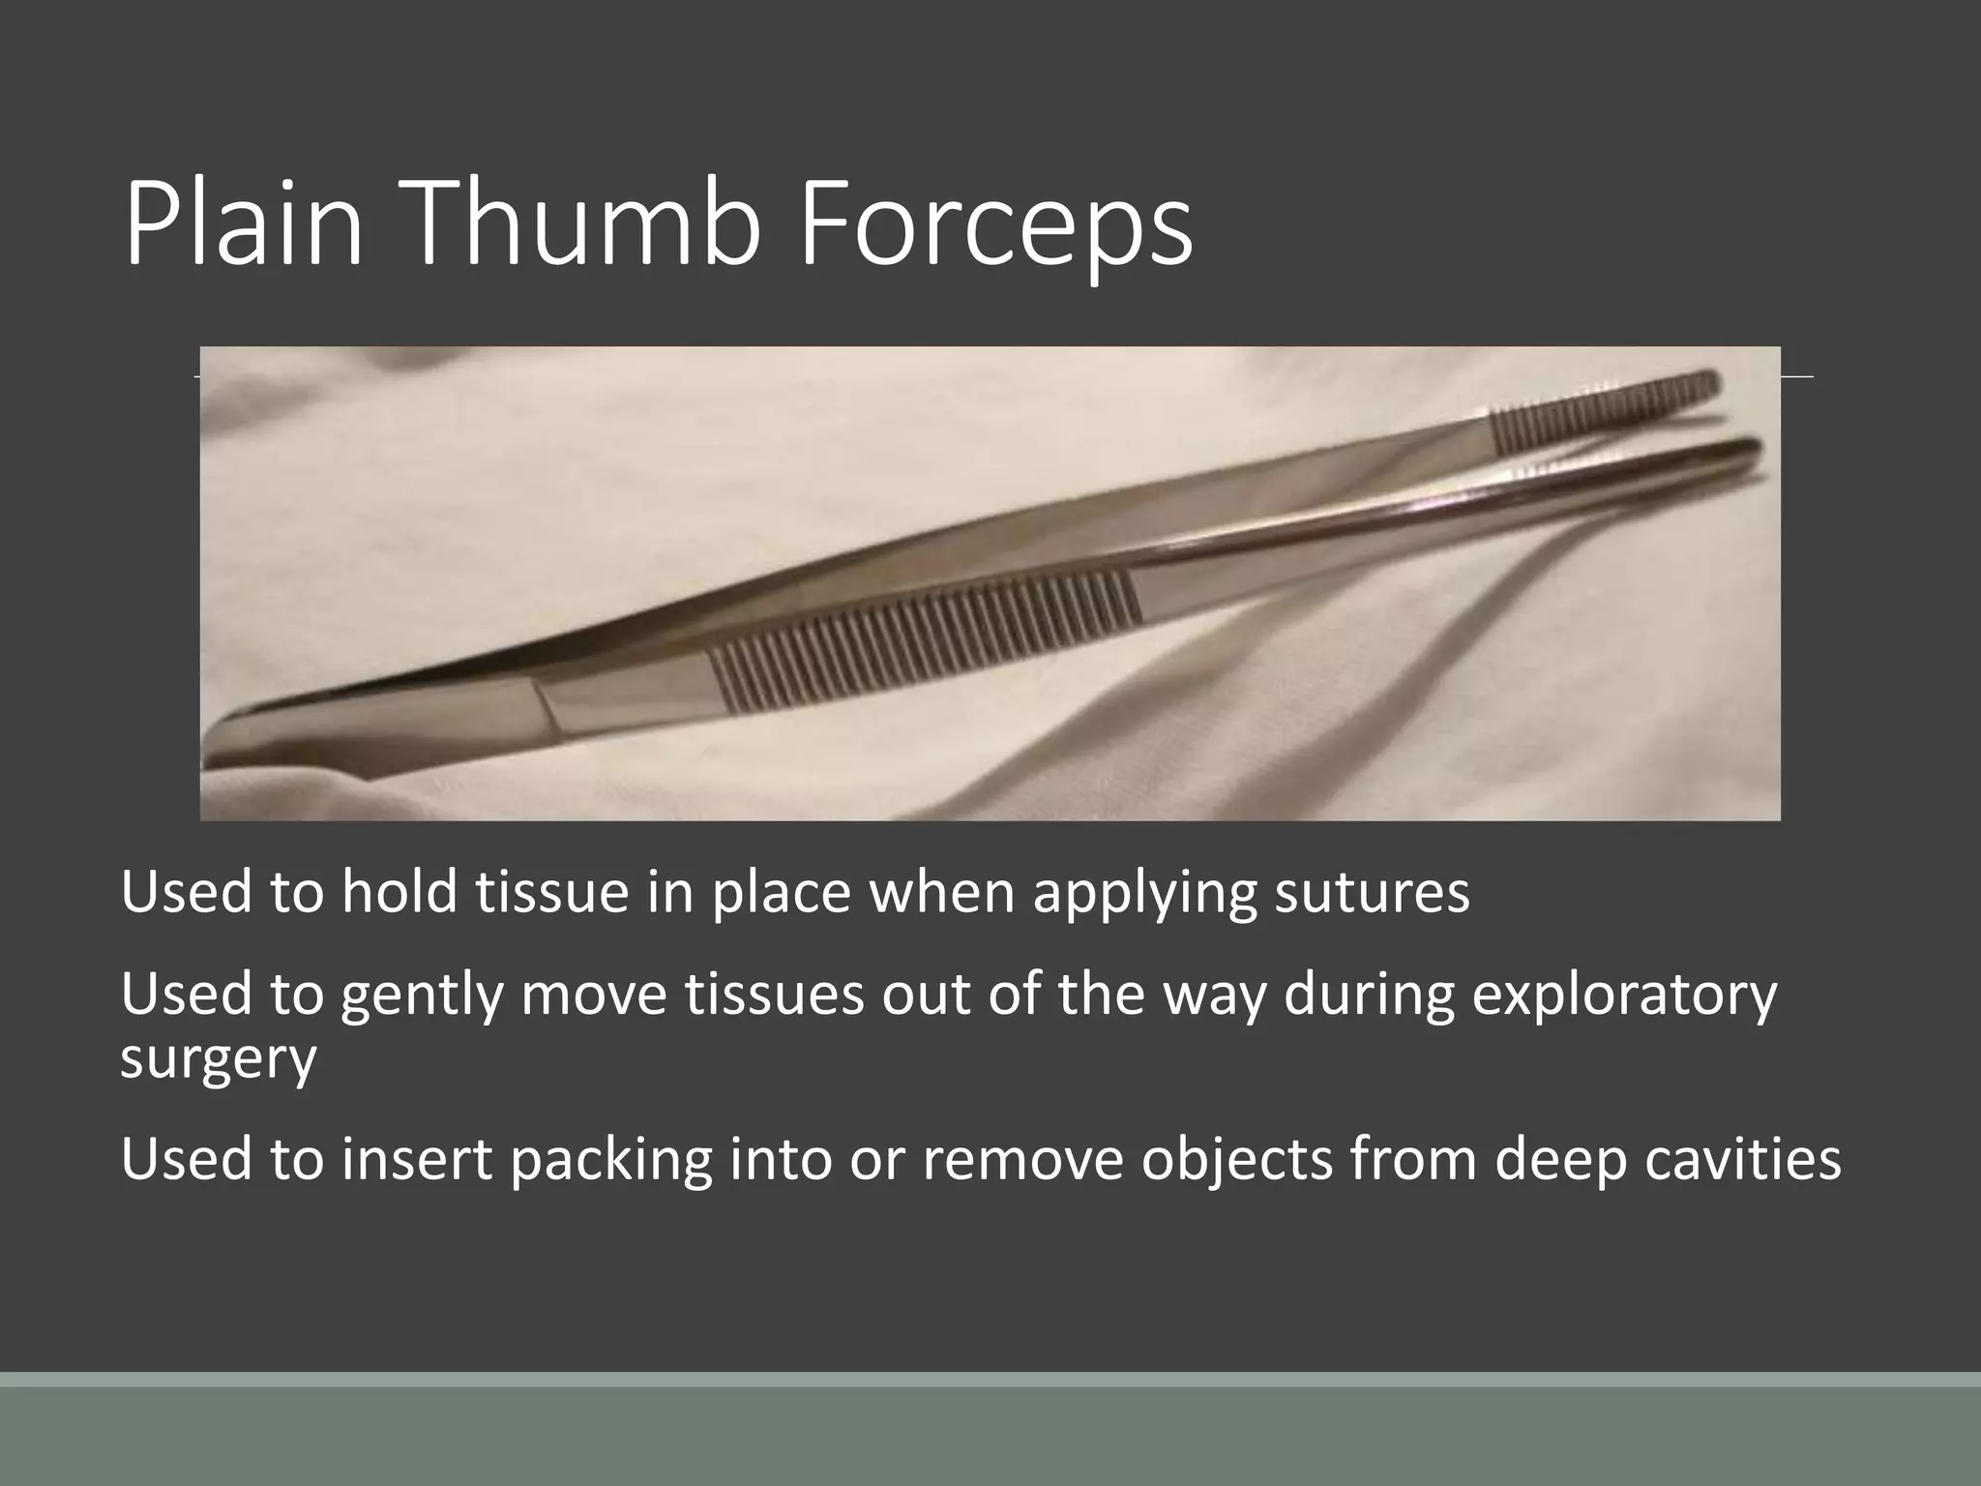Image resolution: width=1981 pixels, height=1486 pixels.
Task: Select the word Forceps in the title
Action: pyautogui.click(x=996, y=228)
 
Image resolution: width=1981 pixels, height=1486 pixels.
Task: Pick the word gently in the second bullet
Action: pyautogui.click(x=422, y=996)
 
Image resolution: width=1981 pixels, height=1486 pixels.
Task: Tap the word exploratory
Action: pyautogui.click(x=1624, y=996)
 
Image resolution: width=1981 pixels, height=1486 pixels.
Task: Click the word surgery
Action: pyautogui.click(x=219, y=1058)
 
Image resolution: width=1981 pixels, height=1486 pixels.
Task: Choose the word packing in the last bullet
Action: pyautogui.click(x=611, y=1159)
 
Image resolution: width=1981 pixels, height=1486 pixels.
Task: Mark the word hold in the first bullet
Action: pyautogui.click(x=399, y=892)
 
